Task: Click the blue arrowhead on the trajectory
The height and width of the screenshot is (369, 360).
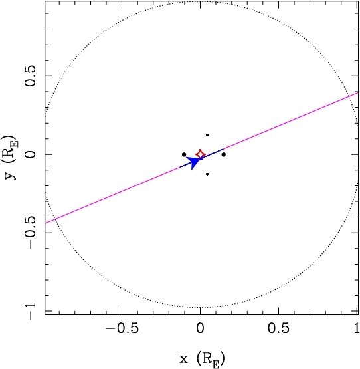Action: click(x=193, y=162)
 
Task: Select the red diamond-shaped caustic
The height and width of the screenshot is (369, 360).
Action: click(x=201, y=154)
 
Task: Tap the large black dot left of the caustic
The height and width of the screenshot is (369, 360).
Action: click(x=184, y=154)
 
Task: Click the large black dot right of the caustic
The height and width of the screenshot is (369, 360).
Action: click(x=224, y=154)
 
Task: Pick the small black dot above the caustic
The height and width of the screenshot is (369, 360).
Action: click(x=207, y=135)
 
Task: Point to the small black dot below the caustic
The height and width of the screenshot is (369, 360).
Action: click(x=207, y=174)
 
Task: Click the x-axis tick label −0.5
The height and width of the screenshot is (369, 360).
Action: click(x=122, y=328)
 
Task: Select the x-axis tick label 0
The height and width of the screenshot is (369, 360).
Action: click(x=200, y=328)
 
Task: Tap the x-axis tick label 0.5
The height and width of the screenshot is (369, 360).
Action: click(x=278, y=328)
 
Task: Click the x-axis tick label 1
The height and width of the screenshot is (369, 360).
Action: click(x=357, y=328)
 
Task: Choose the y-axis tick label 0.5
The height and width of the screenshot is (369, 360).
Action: click(x=31, y=76)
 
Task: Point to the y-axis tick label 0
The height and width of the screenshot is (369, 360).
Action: click(x=31, y=154)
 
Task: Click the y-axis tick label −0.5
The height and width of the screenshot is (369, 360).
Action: click(x=31, y=233)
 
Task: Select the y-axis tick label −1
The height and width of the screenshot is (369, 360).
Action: click(x=31, y=311)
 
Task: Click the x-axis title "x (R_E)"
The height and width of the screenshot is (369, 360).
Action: click(x=202, y=359)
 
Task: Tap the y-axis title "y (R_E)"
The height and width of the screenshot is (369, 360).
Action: click(x=11, y=157)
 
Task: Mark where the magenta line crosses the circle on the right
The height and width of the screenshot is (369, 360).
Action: click(x=348, y=96)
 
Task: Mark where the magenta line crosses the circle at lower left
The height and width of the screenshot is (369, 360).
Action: click(x=55, y=219)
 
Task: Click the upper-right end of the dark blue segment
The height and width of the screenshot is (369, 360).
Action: click(x=223, y=149)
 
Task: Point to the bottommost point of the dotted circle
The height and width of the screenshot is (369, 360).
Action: click(x=200, y=307)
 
